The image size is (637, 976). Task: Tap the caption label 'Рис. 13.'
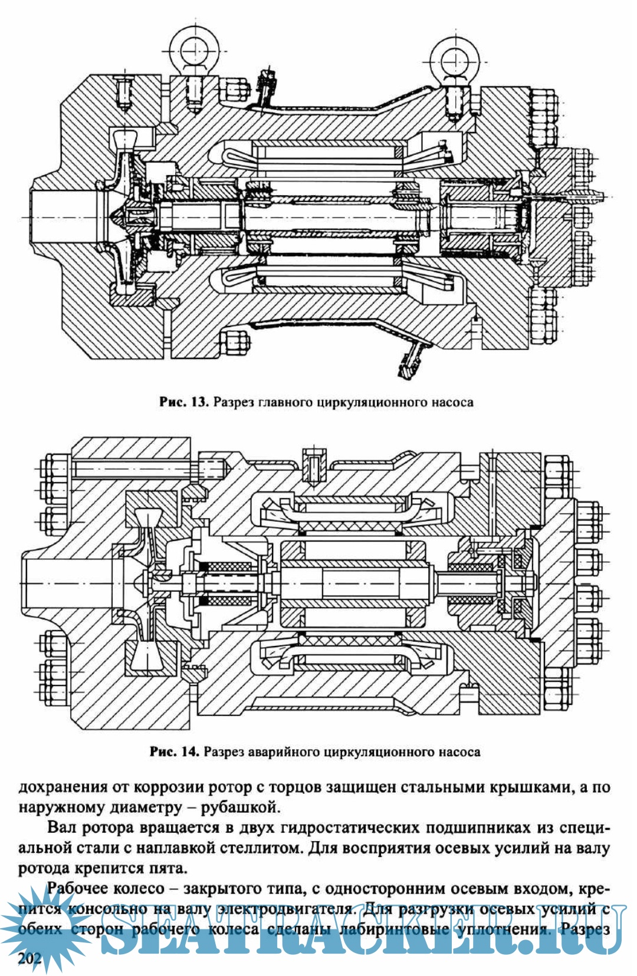click(183, 403)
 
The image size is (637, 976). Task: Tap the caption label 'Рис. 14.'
click(175, 752)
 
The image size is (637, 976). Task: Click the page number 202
click(29, 959)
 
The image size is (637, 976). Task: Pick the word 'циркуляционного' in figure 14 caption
click(377, 752)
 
